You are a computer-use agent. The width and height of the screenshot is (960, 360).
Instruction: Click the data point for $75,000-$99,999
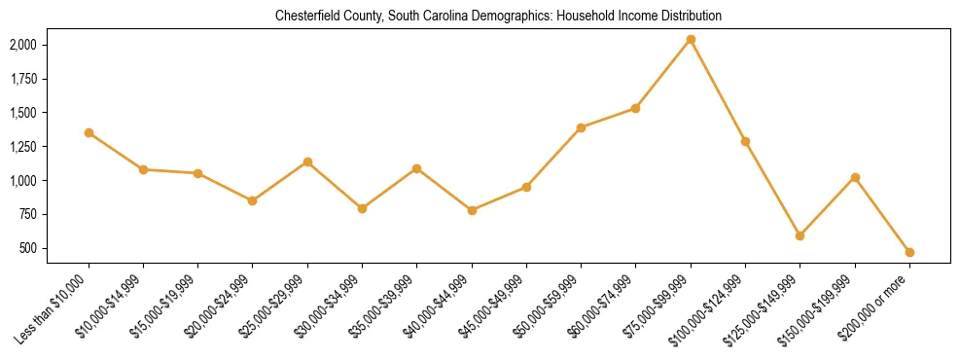point(691,39)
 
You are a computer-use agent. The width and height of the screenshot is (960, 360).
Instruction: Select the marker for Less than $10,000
point(89,132)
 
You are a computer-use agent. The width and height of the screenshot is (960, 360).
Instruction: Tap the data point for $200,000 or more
point(909,252)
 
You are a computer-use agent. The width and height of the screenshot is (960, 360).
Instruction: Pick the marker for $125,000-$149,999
point(800,235)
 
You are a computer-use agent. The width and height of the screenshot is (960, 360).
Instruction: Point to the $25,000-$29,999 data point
point(307,162)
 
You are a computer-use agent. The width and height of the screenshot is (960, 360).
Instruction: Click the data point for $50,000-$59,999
point(581,127)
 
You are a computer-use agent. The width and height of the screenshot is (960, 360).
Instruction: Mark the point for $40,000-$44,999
point(472,210)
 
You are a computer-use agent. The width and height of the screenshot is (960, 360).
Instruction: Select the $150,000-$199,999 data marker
point(855,177)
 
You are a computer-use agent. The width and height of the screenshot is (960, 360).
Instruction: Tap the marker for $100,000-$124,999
point(745,141)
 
